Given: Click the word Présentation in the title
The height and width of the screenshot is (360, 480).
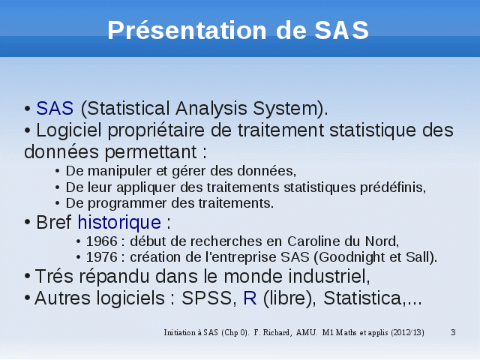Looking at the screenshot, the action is (187, 30).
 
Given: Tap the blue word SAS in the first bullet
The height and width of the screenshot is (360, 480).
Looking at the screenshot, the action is (55, 108).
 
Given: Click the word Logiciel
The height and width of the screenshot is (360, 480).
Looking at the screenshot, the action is (69, 130).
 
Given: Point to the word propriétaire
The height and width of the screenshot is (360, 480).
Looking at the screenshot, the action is (156, 130).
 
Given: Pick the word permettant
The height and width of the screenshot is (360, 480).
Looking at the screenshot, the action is (151, 152).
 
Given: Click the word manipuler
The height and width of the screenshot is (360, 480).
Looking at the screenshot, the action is (120, 172).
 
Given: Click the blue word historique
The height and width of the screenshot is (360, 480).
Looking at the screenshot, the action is (119, 222).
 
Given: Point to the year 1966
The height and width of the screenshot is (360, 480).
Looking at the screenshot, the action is (102, 241).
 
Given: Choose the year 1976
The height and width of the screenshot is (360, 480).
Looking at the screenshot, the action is (102, 257).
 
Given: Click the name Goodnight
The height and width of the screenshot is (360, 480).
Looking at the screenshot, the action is (352, 258).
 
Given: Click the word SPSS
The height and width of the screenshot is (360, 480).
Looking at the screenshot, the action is (207, 298).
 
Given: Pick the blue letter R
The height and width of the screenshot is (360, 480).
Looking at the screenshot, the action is (250, 298).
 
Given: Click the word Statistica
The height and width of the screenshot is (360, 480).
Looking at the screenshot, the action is (362, 298).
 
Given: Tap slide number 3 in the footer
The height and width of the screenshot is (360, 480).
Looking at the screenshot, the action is (453, 332).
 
